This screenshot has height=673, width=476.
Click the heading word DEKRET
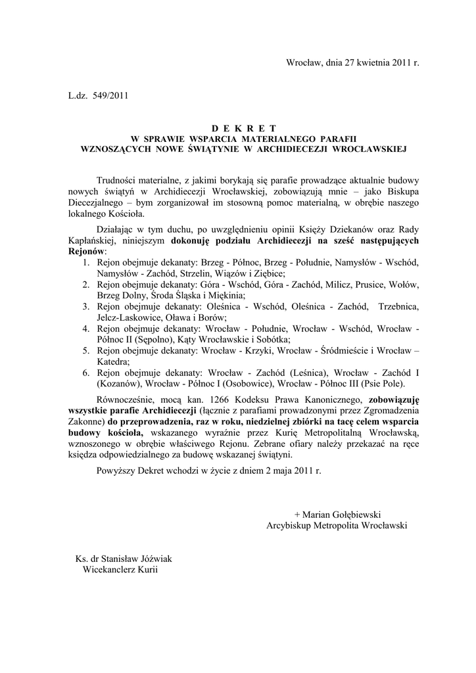(x=244, y=129)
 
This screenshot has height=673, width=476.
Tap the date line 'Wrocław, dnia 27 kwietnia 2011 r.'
(x=352, y=62)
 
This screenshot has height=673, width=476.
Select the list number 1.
(x=86, y=262)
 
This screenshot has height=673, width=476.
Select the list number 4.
(x=86, y=328)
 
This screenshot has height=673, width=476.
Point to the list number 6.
(x=86, y=373)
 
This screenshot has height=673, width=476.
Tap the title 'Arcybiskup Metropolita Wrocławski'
(x=337, y=525)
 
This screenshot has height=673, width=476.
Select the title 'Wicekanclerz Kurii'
(x=120, y=570)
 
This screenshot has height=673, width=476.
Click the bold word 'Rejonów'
(x=87, y=251)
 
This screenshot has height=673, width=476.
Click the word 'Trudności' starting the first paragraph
(x=116, y=179)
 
